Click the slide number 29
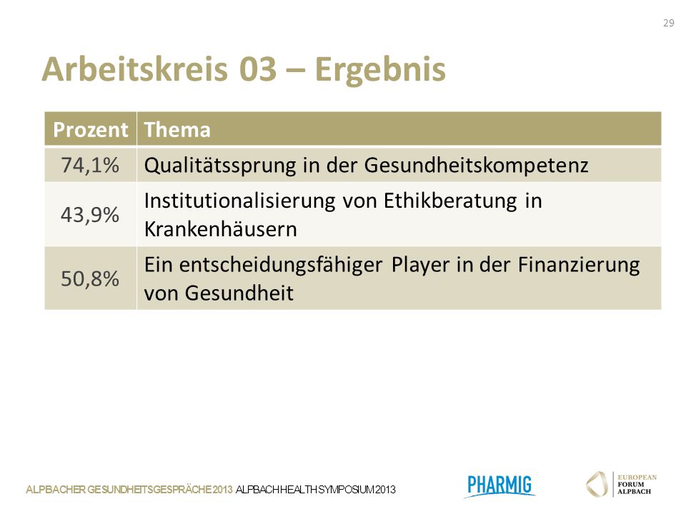point(669,23)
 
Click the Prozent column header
point(91,130)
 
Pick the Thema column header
point(177,130)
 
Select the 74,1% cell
point(90,165)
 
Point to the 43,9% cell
point(90,215)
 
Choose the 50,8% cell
point(90,278)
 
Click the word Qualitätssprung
point(219,166)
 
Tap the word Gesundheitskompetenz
point(476,165)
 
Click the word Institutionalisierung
point(240,201)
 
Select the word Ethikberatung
point(450,202)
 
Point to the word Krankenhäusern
point(221,229)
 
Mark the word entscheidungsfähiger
point(280,266)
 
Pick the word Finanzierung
point(579,266)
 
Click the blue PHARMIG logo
point(499,485)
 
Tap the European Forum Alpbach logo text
point(637,484)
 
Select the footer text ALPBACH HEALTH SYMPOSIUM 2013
point(315,490)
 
